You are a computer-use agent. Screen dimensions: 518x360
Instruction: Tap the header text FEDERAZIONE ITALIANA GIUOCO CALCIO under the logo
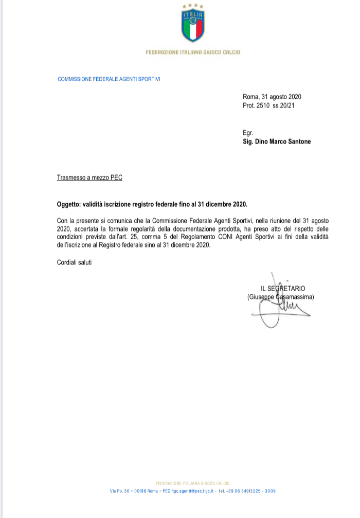(x=193, y=52)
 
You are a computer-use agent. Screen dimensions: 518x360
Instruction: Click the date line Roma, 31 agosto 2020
(x=272, y=97)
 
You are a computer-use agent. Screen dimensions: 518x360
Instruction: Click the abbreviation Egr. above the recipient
(x=248, y=133)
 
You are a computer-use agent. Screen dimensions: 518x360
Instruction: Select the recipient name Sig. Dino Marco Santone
(x=277, y=141)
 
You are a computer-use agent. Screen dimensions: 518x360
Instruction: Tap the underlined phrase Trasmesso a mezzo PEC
(x=89, y=178)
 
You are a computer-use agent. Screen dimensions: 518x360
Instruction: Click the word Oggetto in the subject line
(x=68, y=204)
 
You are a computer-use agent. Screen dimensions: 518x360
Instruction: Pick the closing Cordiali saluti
(x=74, y=263)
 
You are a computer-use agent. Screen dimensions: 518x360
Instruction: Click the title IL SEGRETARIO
(x=283, y=289)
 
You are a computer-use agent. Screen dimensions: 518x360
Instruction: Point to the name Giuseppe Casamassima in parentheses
(x=280, y=297)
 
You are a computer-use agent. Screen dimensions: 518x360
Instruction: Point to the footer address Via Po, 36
(x=119, y=491)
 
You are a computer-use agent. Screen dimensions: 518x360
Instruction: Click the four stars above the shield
(x=193, y=6)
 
